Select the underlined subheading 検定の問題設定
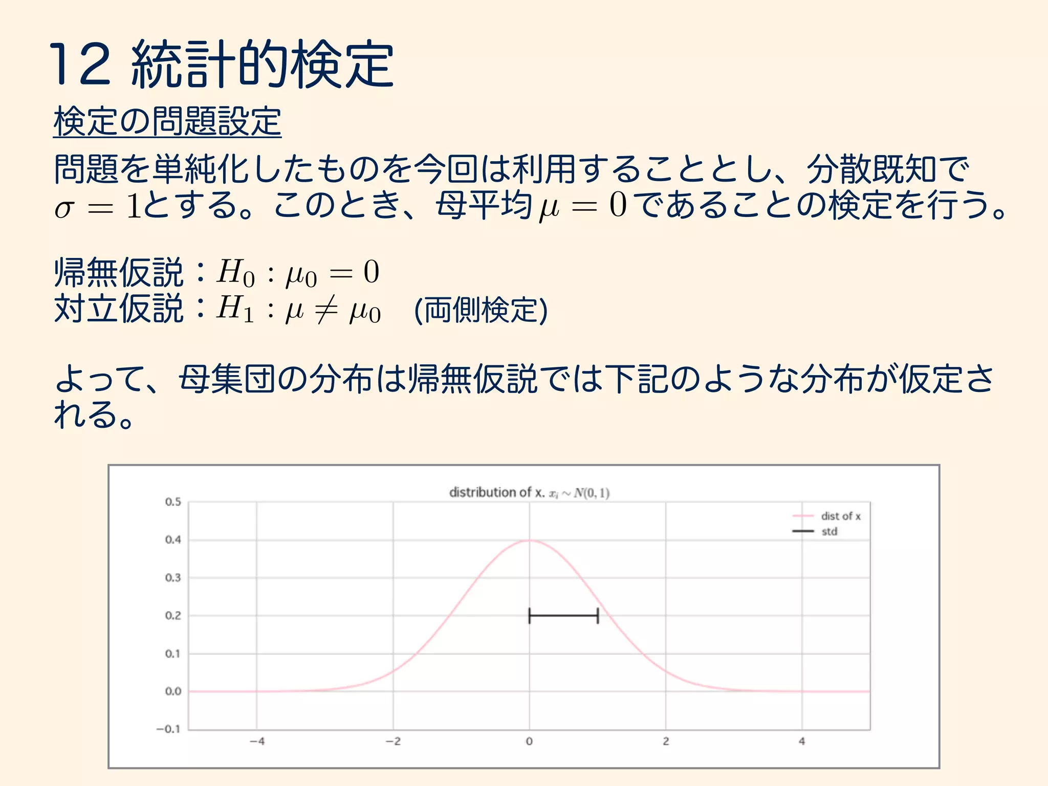[x=167, y=122]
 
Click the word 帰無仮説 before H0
[x=119, y=273]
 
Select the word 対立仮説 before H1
[x=119, y=309]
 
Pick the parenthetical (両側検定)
[x=481, y=310]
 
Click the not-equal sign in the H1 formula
[x=326, y=310]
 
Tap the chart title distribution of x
[x=529, y=493]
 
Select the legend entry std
[x=829, y=532]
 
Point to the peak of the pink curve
[x=529, y=540]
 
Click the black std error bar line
[x=563, y=616]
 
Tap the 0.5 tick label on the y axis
[x=173, y=502]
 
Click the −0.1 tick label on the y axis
[x=168, y=729]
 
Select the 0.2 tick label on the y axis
[x=173, y=616]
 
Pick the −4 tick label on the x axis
[x=257, y=741]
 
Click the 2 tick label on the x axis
[x=666, y=741]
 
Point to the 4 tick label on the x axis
[x=802, y=741]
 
